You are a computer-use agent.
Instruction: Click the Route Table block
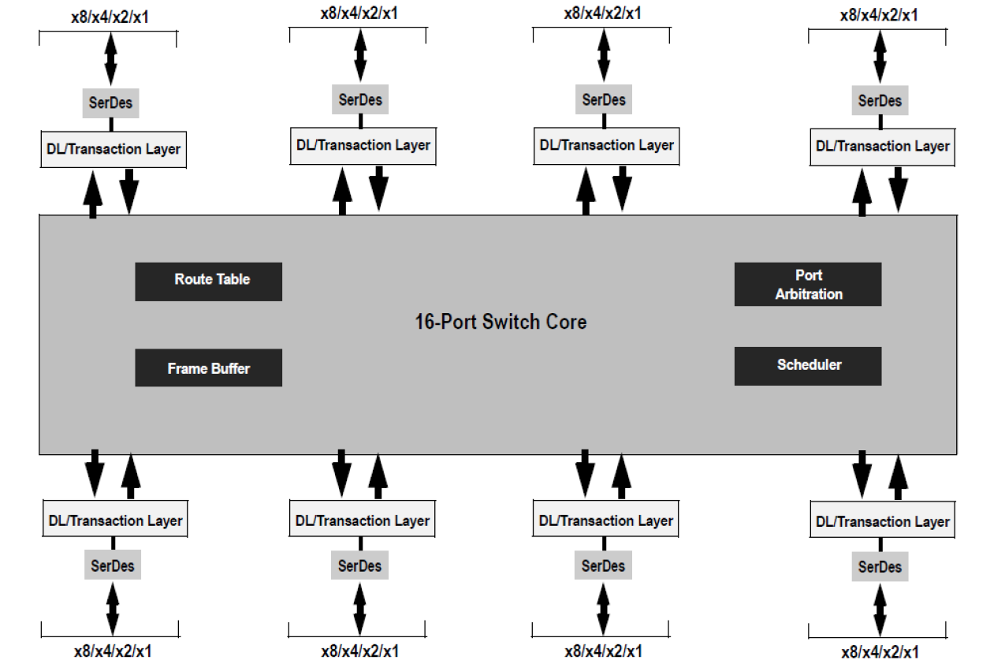(x=208, y=281)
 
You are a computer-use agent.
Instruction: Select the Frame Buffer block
(x=208, y=367)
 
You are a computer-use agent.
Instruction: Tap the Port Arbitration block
(x=807, y=284)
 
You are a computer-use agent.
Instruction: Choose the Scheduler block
(x=807, y=365)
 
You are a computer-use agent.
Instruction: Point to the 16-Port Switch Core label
(x=501, y=322)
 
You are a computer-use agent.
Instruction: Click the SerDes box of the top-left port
(x=111, y=102)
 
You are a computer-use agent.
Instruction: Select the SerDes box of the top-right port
(x=880, y=101)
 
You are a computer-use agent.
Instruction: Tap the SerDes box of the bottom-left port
(x=113, y=565)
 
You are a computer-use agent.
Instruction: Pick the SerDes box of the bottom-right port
(x=880, y=566)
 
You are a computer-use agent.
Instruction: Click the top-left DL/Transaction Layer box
(x=113, y=149)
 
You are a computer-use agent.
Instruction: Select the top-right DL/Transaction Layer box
(x=882, y=147)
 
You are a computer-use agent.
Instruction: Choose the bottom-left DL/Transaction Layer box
(x=114, y=520)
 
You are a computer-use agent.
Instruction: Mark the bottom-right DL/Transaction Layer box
(x=882, y=521)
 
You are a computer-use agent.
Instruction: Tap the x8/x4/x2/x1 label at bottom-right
(x=879, y=652)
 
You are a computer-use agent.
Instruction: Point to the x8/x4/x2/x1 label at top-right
(x=878, y=14)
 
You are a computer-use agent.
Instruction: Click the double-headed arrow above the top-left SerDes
(x=110, y=59)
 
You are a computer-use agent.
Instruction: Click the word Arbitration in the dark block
(x=809, y=294)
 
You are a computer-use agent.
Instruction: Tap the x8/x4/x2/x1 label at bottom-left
(x=113, y=651)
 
